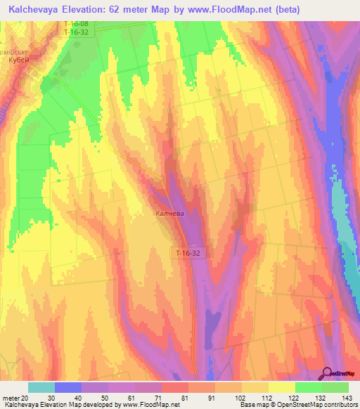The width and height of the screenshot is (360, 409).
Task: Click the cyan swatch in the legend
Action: click(41, 387)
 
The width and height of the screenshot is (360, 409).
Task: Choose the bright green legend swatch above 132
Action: click(309, 387)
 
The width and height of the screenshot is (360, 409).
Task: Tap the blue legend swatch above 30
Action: click(68, 387)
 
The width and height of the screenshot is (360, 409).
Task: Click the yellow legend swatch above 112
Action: click(255, 387)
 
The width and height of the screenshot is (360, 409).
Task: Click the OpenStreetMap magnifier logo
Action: click(327, 373)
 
